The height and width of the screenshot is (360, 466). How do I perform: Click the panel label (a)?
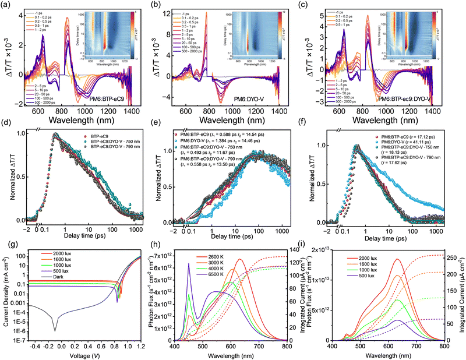pos(8,5)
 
